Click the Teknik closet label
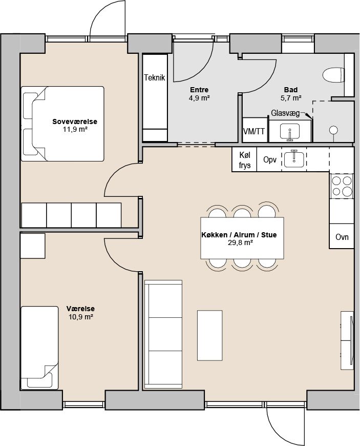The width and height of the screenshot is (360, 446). [154, 77]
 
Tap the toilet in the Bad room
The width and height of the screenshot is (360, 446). [333, 75]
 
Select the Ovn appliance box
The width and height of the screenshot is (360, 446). [342, 236]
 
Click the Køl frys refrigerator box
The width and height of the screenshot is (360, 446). [244, 159]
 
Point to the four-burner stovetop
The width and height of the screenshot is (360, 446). [342, 186]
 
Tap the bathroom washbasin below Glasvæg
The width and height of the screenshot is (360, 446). [289, 132]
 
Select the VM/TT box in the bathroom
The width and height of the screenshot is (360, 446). [254, 131]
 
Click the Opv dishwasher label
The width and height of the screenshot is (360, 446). [270, 159]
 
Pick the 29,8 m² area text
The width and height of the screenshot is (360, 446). [240, 243]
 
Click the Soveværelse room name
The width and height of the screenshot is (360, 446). [75, 121]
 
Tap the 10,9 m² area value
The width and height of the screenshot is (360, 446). [81, 317]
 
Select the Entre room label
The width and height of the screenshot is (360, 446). [199, 90]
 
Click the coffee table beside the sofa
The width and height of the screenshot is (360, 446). [209, 336]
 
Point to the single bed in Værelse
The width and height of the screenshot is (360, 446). [39, 348]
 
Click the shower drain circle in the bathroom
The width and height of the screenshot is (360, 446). [333, 130]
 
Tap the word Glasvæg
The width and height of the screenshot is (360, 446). [285, 113]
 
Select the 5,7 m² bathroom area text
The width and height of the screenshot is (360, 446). [291, 98]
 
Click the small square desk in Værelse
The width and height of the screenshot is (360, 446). [33, 246]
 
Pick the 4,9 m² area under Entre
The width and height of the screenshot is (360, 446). [199, 98]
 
